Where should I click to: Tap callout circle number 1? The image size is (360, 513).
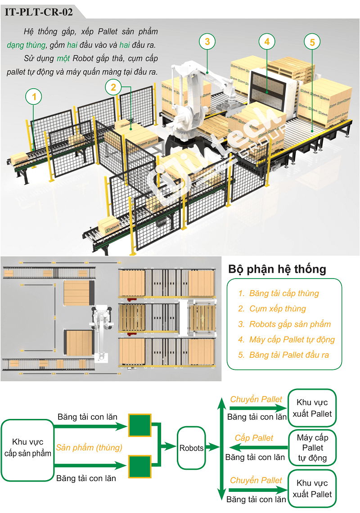point(34,96)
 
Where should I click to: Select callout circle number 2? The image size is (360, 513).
point(113,87)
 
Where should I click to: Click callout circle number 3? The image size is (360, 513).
point(207,42)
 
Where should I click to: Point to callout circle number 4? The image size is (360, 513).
point(267,42)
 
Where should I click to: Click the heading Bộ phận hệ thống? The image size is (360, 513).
point(277,269)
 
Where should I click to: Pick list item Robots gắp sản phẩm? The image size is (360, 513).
point(290,324)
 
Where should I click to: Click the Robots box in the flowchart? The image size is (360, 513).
point(191,448)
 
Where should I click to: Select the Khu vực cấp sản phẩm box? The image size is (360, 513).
point(28,448)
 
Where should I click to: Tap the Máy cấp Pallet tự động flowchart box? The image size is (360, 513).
point(312,448)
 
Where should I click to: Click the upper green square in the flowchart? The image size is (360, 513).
point(140,425)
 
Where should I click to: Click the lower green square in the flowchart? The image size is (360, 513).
point(140,467)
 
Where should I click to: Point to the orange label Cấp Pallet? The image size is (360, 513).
point(254,438)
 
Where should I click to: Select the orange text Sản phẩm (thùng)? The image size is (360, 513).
point(89,447)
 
